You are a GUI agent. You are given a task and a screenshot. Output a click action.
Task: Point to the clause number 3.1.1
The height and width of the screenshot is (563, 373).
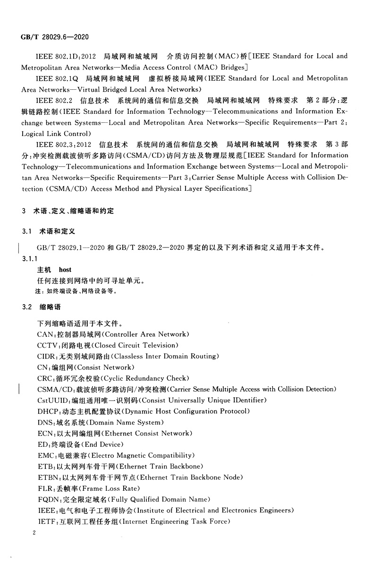click(x=30, y=259)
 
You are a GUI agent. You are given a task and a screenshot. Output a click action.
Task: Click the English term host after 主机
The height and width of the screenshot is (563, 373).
click(x=65, y=270)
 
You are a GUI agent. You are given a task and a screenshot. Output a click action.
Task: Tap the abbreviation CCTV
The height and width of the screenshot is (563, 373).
click(x=47, y=345)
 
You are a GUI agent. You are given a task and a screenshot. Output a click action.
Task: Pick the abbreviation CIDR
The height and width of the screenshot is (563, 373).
click(x=47, y=356)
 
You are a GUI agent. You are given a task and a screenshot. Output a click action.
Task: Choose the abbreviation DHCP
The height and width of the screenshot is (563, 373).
click(x=48, y=411)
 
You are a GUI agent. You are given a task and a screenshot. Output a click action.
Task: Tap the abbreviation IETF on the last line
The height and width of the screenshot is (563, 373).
click(x=47, y=521)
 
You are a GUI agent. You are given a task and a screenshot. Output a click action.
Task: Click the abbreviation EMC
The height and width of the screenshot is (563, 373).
click(x=46, y=456)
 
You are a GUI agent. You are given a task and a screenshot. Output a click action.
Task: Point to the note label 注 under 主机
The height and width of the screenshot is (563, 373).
click(x=40, y=291)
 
